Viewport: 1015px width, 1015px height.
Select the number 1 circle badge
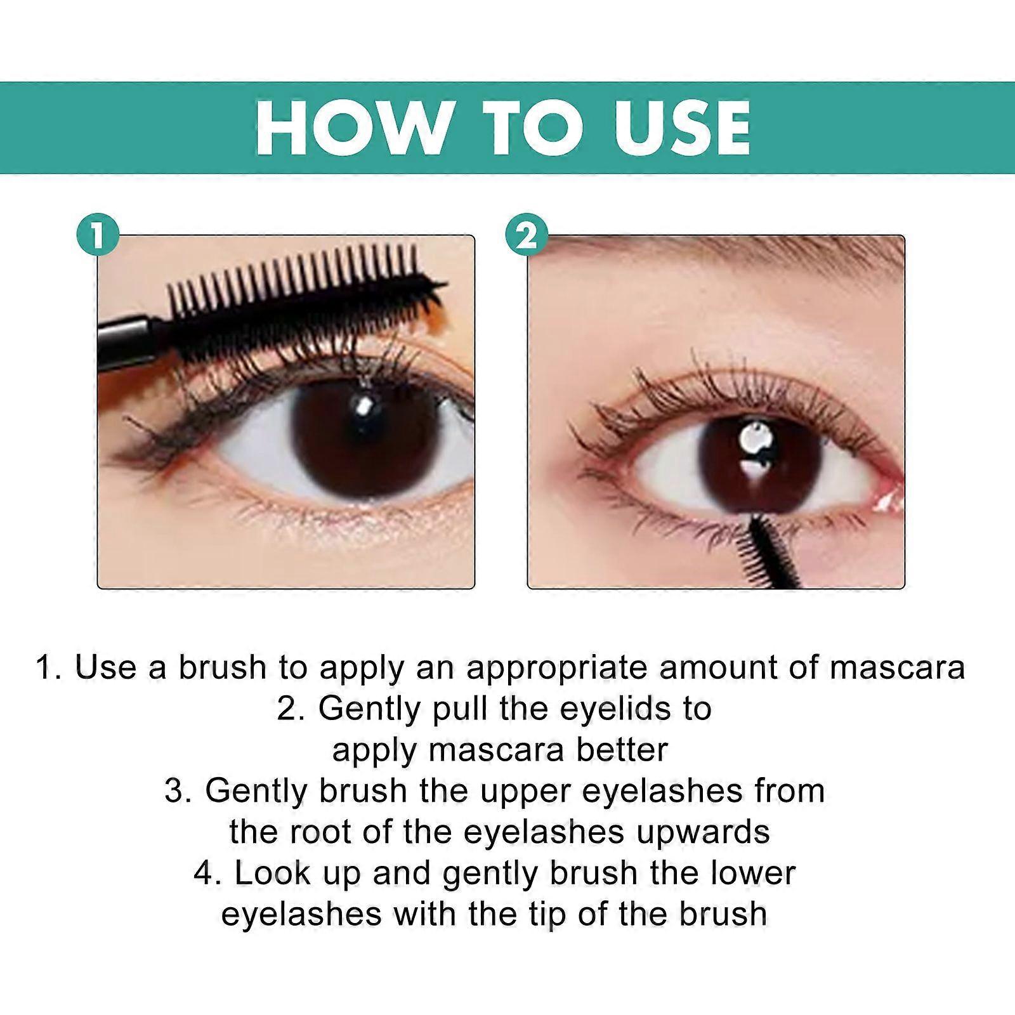pos(98,235)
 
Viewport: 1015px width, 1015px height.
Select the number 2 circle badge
pos(527,235)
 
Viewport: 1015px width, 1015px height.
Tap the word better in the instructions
pos(622,750)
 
